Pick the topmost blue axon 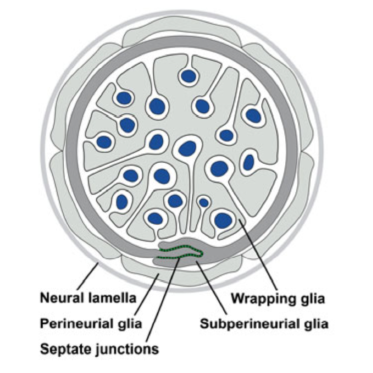(x=188, y=76)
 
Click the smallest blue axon (x=204, y=202)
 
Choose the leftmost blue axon (x=104, y=142)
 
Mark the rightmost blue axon (x=253, y=116)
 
